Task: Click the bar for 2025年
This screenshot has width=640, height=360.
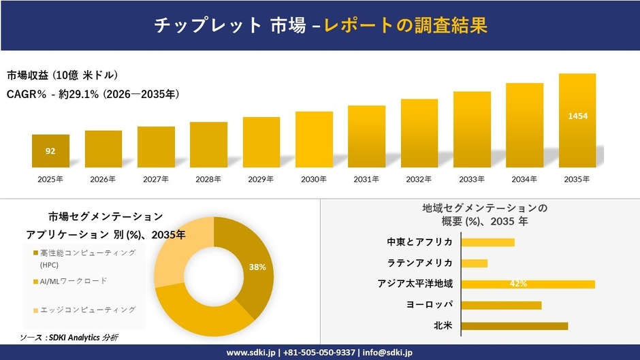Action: tap(50, 151)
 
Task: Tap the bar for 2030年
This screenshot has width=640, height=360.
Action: tap(314, 140)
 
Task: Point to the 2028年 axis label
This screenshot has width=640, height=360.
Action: tap(208, 180)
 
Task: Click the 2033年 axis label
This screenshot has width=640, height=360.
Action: tap(472, 180)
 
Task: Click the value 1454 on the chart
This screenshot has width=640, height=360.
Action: tap(577, 116)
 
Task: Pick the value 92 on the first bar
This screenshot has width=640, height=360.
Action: tap(50, 151)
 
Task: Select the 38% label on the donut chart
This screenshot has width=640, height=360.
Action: tap(257, 267)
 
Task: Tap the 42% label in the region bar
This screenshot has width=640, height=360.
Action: tap(519, 284)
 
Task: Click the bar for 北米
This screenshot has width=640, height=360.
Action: tap(514, 326)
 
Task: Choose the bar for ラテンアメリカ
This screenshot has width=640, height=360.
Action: tap(475, 263)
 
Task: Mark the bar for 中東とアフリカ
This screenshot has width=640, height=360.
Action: tap(487, 242)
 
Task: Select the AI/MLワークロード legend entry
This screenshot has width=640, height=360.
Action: tap(74, 281)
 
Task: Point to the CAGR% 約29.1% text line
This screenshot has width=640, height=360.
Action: tap(93, 95)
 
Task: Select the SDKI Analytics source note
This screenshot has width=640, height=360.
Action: tap(69, 337)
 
